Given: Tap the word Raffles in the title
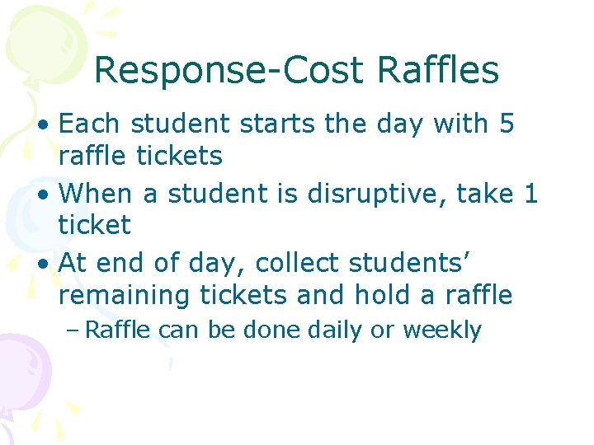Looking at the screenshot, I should point(438,71).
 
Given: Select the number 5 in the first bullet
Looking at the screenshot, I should point(506,124).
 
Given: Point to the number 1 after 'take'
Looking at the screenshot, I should point(531,194).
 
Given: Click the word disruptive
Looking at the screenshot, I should point(364,194).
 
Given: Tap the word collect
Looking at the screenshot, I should point(299,263).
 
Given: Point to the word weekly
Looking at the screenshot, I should point(441,331).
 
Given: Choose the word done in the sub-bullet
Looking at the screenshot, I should point(272,330).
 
